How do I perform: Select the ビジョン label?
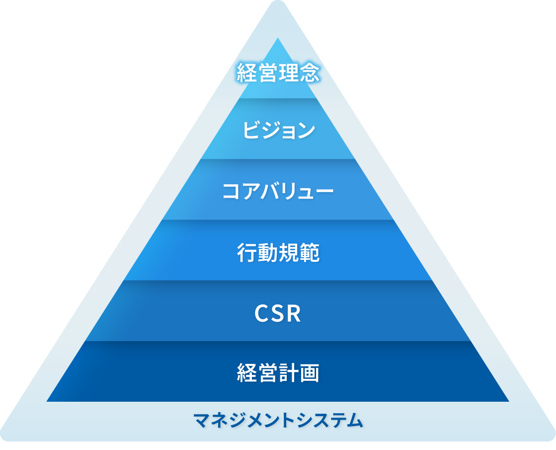[x=278, y=130]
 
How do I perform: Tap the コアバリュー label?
[x=278, y=192]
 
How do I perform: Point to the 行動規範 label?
[x=278, y=253]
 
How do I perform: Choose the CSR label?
[x=278, y=314]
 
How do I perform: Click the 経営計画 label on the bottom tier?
[x=278, y=373]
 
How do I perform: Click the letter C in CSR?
[x=262, y=314]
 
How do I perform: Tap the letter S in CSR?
[x=278, y=314]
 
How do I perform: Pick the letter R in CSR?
[x=294, y=314]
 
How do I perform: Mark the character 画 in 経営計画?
[x=309, y=373]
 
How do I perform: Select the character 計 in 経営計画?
[x=288, y=373]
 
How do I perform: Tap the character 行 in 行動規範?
[x=247, y=253]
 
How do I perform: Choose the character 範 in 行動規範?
[x=309, y=253]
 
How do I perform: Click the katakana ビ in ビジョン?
[x=251, y=130]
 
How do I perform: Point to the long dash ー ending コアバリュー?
[x=325, y=192]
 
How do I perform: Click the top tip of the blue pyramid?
[x=278, y=40]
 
